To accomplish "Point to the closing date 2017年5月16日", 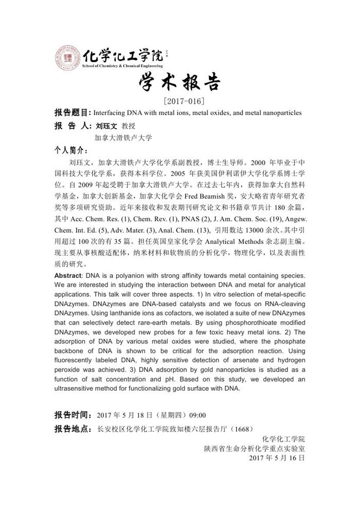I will point(277,458).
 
